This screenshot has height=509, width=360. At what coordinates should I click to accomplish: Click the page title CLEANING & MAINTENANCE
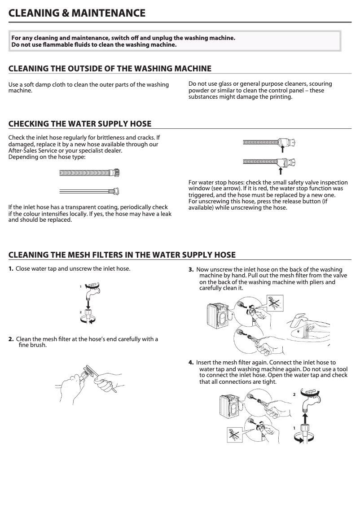click(x=77, y=13)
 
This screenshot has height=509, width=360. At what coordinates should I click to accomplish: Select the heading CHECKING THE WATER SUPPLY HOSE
click(x=80, y=124)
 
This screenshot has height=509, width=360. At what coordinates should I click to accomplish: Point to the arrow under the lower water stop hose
click(x=281, y=170)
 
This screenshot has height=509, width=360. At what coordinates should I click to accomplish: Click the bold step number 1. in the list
click(x=11, y=269)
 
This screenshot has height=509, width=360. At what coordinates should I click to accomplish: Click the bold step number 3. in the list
click(x=191, y=269)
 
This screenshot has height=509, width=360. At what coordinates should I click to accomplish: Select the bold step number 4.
click(x=191, y=362)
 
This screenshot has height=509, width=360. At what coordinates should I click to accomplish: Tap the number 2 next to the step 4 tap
click(x=294, y=395)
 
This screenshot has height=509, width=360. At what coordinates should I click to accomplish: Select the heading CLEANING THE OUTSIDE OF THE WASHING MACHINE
click(x=110, y=69)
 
